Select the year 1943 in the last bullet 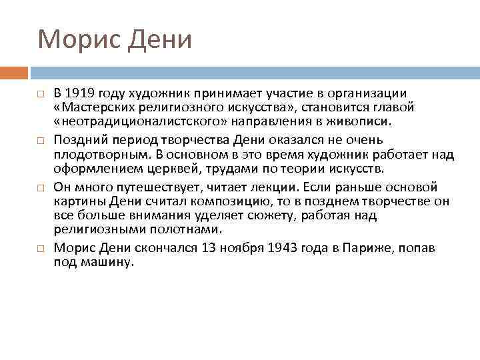click(x=284, y=249)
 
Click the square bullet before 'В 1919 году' click(x=41, y=93)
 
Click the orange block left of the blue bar click(x=13, y=73)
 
